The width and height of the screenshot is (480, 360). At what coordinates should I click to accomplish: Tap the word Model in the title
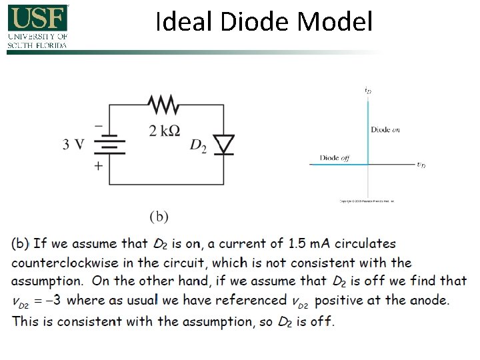coord(335,22)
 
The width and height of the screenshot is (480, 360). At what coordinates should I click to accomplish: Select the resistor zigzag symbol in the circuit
coord(163,105)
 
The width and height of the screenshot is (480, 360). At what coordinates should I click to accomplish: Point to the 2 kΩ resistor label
coord(164,130)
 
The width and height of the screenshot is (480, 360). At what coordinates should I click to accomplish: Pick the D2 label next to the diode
coord(198,145)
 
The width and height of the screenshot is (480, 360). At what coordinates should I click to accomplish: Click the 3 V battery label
coord(74,144)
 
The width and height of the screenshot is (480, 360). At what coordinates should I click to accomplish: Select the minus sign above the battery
coord(98,125)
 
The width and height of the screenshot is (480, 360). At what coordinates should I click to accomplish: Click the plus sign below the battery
coord(98,165)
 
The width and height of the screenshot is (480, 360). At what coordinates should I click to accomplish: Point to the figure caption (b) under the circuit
coord(159,216)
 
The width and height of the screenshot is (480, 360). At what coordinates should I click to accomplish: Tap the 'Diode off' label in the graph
coord(334,158)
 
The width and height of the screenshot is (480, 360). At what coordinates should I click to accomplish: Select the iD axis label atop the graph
coord(368,89)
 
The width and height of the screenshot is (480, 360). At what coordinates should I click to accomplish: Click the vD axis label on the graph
coord(421,165)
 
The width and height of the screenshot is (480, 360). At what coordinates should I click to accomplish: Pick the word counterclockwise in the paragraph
coord(72,263)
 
